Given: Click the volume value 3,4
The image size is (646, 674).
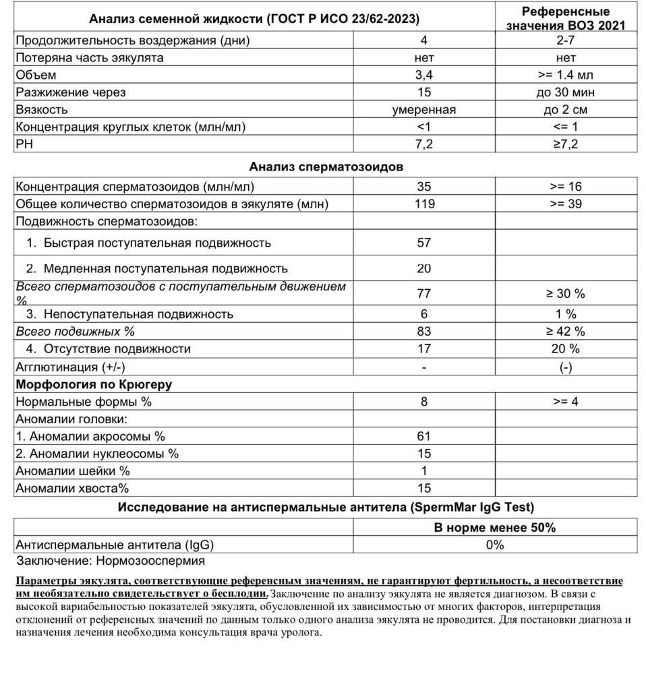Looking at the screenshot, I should (423, 75).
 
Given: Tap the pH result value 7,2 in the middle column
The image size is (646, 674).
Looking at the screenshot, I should (423, 144).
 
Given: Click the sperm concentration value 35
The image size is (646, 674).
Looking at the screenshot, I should (423, 187).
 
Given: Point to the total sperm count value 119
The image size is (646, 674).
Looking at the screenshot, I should (423, 204).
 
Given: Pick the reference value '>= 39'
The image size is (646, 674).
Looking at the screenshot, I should (566, 204).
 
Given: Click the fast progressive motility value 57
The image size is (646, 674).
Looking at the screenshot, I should (423, 243).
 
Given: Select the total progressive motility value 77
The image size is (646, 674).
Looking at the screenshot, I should (423, 293).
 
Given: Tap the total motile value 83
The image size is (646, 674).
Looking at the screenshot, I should (423, 331).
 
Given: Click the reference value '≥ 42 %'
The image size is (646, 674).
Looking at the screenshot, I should (566, 331).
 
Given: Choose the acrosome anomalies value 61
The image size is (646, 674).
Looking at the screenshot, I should (423, 436).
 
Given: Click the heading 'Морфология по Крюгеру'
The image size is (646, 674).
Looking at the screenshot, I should (94, 384).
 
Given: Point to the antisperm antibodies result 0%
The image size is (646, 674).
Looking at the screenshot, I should (494, 545).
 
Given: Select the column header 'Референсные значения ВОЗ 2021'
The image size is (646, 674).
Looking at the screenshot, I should (566, 18).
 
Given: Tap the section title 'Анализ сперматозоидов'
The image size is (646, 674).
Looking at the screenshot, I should (326, 166).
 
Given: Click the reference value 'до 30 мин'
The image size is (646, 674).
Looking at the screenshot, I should (566, 92).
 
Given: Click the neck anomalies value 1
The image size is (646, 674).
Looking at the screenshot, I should (423, 471).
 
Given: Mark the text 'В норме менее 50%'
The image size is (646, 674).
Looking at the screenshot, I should (494, 528).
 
